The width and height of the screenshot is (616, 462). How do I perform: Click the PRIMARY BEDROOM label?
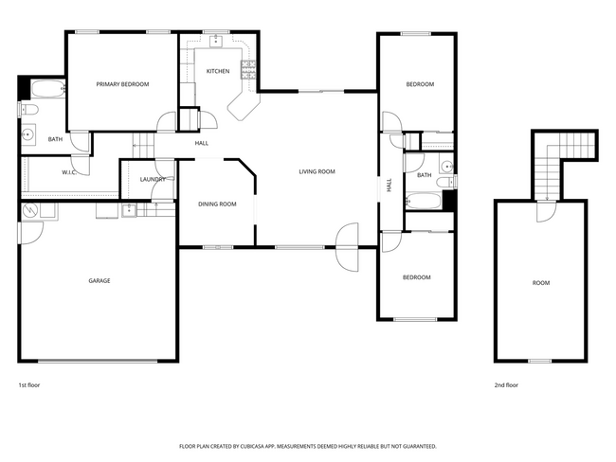tap(122, 84)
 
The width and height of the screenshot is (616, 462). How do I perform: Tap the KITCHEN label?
tap(218, 71)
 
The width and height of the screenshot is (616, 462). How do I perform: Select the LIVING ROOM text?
tap(317, 171)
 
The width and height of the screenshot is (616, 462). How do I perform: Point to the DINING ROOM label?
tap(217, 204)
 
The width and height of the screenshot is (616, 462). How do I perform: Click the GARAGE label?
tap(100, 280)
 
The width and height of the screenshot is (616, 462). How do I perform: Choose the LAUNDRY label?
tap(153, 179)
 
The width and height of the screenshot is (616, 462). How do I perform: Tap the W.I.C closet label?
tap(69, 172)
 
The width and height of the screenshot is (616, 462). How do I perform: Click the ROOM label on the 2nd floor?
tap(540, 282)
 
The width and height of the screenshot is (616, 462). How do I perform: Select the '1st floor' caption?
tap(29, 385)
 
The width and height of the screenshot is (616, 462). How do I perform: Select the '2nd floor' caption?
tap(506, 385)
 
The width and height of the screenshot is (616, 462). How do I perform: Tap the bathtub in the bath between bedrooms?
tap(423, 201)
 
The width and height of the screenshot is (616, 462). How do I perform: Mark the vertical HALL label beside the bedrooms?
tap(389, 186)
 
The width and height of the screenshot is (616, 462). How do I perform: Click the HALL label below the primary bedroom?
tap(202, 143)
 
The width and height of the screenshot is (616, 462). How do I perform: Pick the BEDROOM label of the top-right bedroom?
tap(420, 84)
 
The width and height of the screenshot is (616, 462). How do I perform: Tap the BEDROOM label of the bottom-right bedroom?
tap(416, 277)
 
